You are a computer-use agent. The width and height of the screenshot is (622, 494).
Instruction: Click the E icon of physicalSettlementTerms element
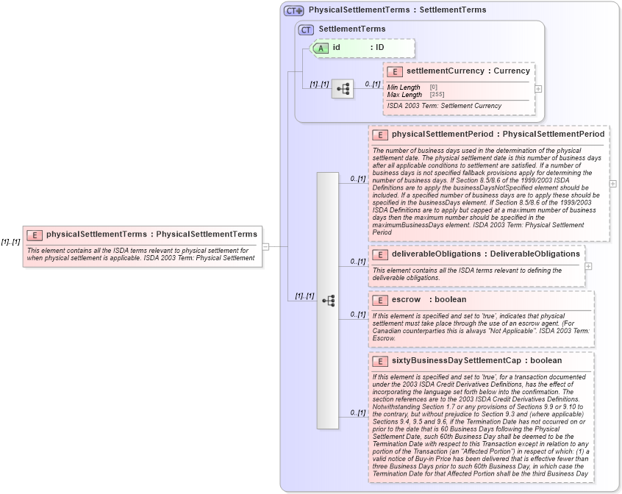pos(34,235)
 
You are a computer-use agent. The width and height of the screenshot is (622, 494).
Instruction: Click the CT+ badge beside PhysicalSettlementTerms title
pos(293,10)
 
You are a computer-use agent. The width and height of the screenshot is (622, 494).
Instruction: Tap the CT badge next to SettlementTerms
pos(306,29)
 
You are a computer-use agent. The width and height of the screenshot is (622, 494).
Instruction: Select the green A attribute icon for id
pos(321,48)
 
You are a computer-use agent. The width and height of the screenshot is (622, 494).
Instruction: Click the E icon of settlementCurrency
pos(395,71)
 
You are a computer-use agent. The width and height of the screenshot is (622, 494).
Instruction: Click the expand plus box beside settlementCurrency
pos(539,88)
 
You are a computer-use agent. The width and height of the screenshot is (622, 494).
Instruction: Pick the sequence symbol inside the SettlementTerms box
pos(343,89)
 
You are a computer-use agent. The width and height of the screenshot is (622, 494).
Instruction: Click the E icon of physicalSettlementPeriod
pos(380,135)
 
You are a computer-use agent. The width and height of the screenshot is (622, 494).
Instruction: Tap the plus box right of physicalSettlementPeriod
pos(612,184)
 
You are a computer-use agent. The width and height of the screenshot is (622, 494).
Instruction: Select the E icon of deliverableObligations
pos(380,254)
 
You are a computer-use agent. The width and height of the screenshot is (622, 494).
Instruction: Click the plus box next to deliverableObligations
pos(588,266)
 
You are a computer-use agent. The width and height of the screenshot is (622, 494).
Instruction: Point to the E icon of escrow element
pos(380,300)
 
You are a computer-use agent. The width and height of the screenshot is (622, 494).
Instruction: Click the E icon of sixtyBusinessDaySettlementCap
pos(380,361)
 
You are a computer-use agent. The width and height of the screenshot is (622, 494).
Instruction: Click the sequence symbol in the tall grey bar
pos(328,301)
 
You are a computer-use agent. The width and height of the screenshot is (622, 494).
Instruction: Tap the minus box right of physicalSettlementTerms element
pos(265,246)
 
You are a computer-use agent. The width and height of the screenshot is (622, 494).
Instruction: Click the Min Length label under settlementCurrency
pos(404,87)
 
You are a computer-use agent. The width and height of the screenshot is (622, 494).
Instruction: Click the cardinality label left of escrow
pos(358,314)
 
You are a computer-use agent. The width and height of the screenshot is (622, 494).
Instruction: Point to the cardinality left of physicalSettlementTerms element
pos(10,241)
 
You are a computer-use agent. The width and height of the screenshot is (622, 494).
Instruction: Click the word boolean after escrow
pos(450,300)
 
